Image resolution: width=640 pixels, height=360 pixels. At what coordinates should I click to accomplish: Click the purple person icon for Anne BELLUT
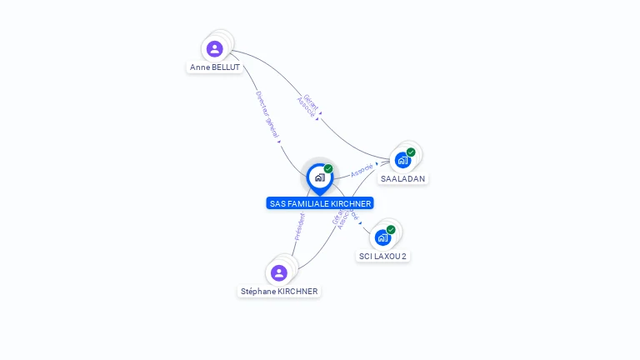[x=215, y=48]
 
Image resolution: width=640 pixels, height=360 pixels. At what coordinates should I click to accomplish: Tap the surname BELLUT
[x=226, y=67]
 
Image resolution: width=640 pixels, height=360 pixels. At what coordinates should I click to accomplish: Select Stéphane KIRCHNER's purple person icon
[x=279, y=272]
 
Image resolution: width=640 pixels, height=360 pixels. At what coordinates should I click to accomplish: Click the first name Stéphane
[x=258, y=292]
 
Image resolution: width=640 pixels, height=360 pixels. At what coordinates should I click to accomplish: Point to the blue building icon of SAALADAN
[x=403, y=160]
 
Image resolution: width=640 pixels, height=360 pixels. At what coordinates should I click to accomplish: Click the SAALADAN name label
[x=402, y=178]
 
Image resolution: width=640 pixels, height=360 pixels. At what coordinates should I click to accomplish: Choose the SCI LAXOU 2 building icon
[x=382, y=237]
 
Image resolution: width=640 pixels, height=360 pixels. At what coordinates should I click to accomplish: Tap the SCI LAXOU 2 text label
[x=382, y=256]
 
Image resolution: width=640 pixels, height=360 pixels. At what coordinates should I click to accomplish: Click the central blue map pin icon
[x=319, y=177]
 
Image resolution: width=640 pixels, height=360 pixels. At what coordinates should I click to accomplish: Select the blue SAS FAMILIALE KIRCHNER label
[x=320, y=203]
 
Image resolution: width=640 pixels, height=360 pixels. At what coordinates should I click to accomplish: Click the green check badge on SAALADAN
[x=411, y=152]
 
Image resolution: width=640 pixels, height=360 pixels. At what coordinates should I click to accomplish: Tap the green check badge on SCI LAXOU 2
[x=390, y=230]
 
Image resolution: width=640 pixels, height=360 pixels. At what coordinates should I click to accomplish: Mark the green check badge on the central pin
[x=328, y=169]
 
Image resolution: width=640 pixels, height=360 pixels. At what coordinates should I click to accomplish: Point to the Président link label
[x=299, y=227]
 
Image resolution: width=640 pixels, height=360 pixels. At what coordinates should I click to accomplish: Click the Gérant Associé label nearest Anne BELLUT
[x=307, y=106]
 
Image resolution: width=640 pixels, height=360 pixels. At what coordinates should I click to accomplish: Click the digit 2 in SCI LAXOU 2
[x=404, y=256]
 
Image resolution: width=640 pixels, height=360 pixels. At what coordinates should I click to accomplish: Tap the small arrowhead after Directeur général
[x=279, y=142]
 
